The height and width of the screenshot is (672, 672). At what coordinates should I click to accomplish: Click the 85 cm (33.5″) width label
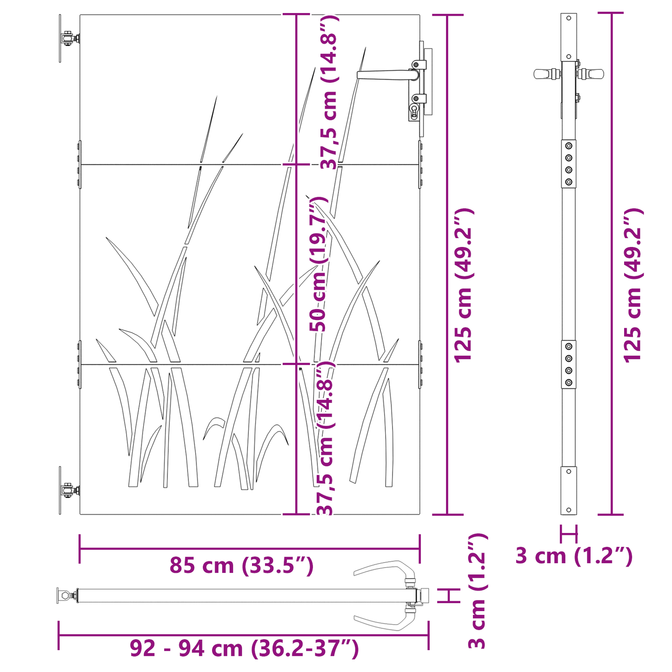point(241,566)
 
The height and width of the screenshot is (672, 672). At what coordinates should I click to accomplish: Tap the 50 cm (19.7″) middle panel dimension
point(319,264)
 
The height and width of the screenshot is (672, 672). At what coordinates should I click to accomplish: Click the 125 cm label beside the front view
point(462,285)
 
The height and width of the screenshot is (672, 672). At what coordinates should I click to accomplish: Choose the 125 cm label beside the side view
point(632,285)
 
